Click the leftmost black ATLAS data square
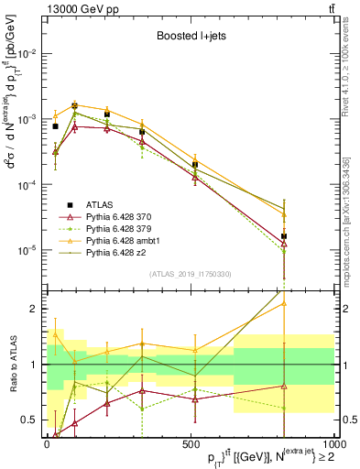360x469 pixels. click(x=55, y=126)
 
